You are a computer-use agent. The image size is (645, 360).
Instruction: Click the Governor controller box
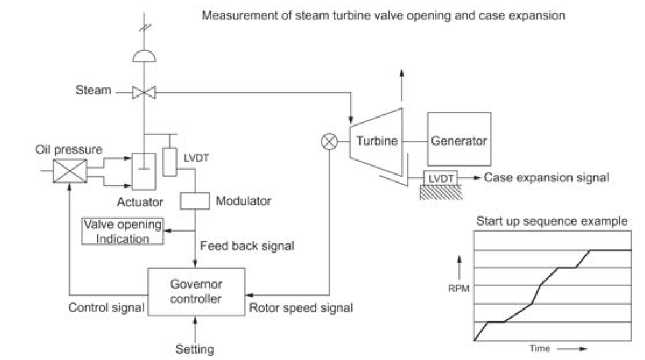[x=196, y=292]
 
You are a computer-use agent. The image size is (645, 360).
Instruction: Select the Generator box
[x=459, y=139]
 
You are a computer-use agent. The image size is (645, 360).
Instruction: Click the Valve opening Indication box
[x=123, y=231]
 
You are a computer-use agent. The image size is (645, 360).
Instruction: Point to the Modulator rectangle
[x=194, y=201]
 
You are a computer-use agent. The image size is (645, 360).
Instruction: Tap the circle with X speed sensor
[x=330, y=141]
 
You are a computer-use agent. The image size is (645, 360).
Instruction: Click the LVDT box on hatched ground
[x=440, y=178]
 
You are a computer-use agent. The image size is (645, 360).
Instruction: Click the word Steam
[x=93, y=90]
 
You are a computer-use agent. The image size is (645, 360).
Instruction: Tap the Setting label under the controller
[x=195, y=349]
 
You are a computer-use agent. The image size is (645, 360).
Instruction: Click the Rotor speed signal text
[x=301, y=307]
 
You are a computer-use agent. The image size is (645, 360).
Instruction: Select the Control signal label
[x=106, y=307]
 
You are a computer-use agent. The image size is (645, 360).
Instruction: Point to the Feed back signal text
[x=247, y=246]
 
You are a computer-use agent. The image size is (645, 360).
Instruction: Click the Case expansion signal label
[x=546, y=178]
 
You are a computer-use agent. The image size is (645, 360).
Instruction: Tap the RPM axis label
[x=459, y=289]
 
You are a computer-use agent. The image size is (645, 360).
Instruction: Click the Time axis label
[x=540, y=348]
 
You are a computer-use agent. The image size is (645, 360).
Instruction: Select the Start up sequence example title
[x=552, y=222]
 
